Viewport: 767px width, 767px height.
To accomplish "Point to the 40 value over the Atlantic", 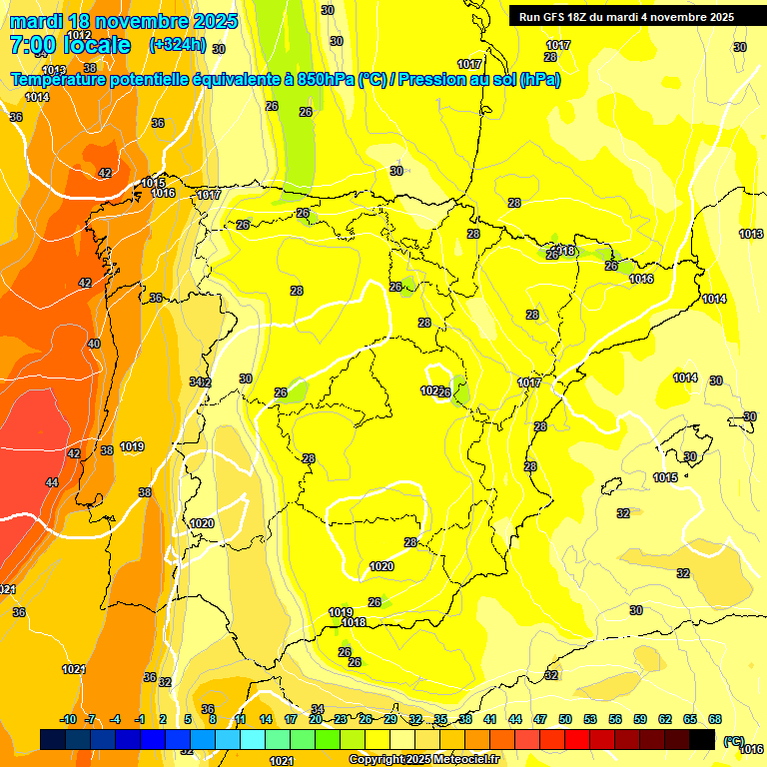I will click(x=94, y=344).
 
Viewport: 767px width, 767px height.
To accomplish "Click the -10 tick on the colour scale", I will click(x=68, y=719).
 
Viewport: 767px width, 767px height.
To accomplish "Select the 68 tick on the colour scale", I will click(x=715, y=719).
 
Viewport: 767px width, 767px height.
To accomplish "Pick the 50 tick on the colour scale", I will click(x=565, y=719).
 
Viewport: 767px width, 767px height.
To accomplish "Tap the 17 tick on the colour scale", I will click(x=291, y=719).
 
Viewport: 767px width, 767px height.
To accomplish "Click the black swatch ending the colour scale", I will click(x=702, y=739).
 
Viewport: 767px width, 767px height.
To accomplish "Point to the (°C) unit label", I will click(x=734, y=741).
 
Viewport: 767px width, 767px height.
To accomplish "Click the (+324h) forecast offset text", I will click(x=178, y=45).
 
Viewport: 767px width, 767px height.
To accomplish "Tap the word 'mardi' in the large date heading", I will click(x=38, y=21).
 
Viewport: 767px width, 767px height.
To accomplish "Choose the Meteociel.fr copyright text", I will click(x=423, y=759).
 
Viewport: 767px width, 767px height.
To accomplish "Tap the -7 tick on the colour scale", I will click(x=90, y=719).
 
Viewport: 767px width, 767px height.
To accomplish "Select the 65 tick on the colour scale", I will click(x=690, y=719).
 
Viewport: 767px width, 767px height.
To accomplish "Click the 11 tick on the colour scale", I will click(x=241, y=719).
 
